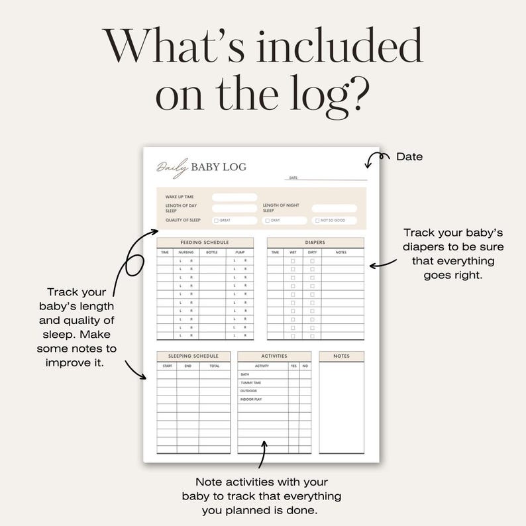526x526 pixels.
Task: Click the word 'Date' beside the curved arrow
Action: [x=409, y=157]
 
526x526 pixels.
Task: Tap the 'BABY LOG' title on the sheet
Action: [x=218, y=167]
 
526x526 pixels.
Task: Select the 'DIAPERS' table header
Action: [x=315, y=242]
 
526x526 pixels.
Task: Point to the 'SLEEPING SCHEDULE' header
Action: [x=193, y=356]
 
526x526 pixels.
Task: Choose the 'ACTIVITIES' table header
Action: [x=274, y=356]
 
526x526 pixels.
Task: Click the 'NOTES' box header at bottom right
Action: [x=341, y=356]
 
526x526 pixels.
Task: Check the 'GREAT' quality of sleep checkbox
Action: [x=216, y=221]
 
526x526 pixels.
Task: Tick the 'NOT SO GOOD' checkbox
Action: [x=317, y=221]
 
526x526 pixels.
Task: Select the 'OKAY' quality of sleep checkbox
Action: [x=267, y=221]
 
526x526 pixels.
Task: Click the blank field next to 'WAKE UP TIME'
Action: [x=235, y=197]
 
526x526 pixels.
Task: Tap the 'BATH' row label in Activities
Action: [x=244, y=374]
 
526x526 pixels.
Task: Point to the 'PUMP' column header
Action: [x=239, y=252]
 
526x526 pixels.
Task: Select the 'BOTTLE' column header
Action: [x=212, y=252]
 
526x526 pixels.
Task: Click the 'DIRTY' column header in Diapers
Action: [x=312, y=252]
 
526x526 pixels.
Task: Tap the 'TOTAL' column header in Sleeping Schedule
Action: [x=215, y=366]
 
